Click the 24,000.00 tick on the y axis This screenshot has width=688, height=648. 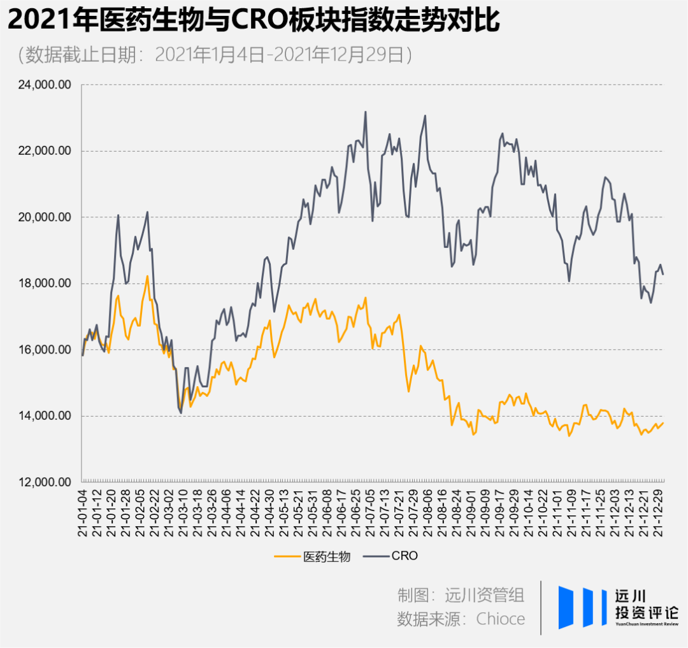[43, 85]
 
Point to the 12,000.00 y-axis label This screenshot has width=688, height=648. [43, 482]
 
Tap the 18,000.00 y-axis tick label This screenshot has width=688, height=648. [43, 284]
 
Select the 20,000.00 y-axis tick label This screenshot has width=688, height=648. [43, 217]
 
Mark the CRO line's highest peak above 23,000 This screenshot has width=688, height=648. [366, 112]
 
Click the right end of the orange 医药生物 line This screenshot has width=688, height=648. [663, 422]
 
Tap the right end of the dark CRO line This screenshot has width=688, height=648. [663, 274]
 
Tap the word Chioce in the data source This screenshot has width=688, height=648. [501, 619]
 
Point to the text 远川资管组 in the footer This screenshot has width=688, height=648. [485, 595]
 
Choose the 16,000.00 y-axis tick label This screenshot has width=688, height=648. [43, 350]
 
